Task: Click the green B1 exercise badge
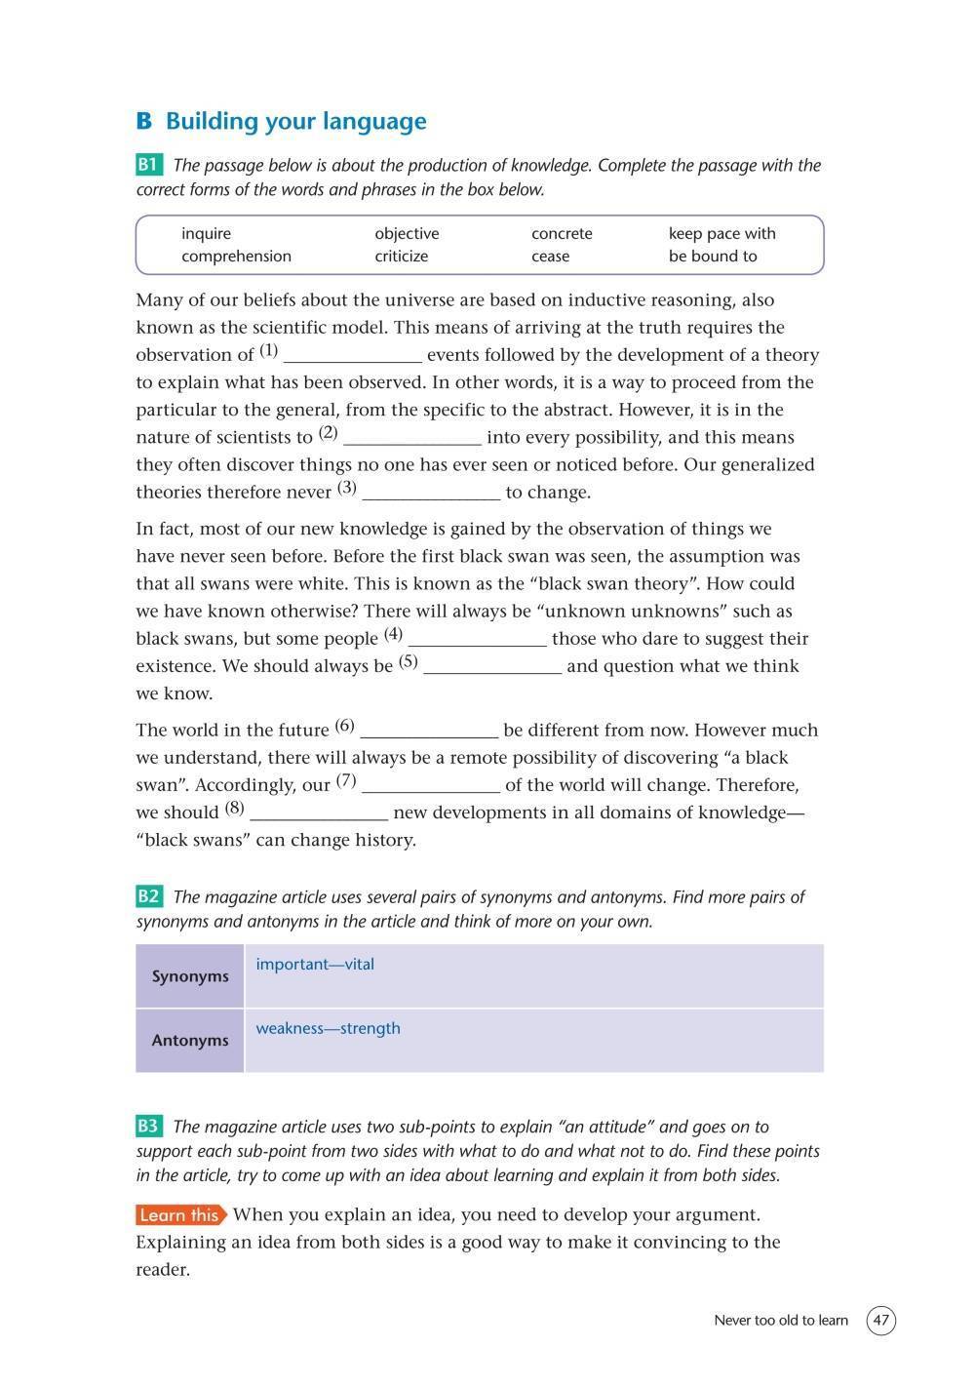point(149,165)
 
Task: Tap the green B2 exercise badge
point(149,896)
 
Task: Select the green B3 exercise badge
point(149,1127)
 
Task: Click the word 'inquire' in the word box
point(206,233)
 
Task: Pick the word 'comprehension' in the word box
point(236,256)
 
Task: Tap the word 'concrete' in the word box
point(562,233)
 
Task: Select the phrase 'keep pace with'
point(721,233)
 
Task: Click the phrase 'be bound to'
point(713,256)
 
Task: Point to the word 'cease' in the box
point(550,256)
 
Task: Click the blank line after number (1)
point(352,357)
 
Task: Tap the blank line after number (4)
point(477,641)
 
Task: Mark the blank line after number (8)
point(319,814)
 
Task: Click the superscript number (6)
point(344,726)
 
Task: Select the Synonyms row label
point(190,976)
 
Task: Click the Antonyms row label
point(190,1040)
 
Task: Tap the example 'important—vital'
point(315,964)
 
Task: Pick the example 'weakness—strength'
point(328,1028)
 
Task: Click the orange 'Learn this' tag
point(180,1215)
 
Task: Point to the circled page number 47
point(880,1321)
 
